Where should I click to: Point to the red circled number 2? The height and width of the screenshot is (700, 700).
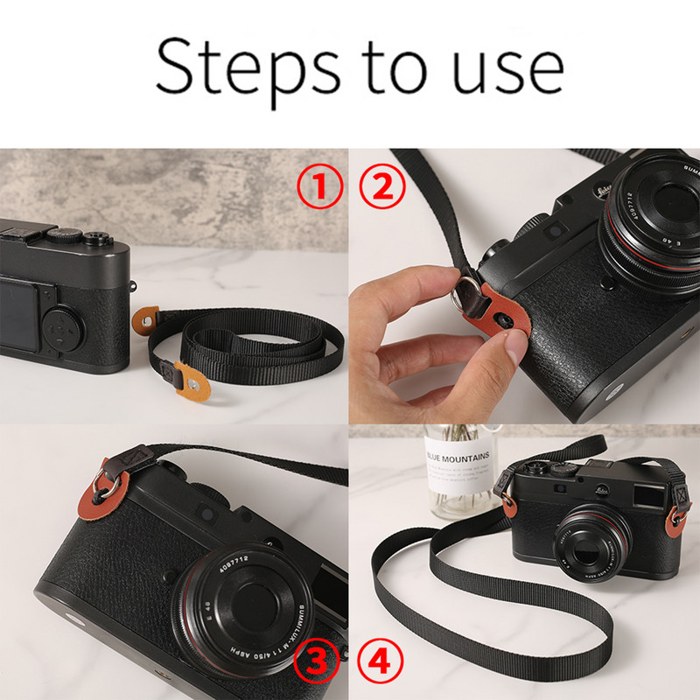coord(381,186)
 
